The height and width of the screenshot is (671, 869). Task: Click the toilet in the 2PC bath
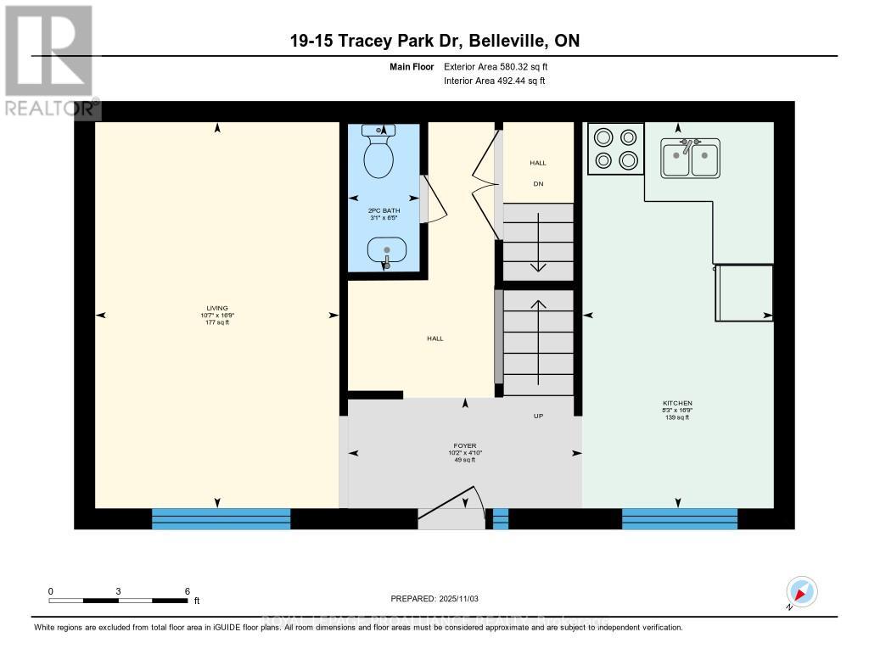[x=378, y=154]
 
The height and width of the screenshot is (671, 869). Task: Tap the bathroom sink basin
[x=387, y=250]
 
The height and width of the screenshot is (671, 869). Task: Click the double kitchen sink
[x=691, y=158]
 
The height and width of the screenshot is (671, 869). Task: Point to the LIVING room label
[x=217, y=308]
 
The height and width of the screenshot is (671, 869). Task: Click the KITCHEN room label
[x=678, y=403]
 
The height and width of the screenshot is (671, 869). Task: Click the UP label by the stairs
[x=538, y=417]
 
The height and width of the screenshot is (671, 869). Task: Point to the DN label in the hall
[x=538, y=184]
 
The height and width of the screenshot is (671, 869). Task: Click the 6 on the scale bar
[x=187, y=591]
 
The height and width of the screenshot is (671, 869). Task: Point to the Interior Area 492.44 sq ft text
[x=494, y=81]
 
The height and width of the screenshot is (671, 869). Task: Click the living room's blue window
[x=221, y=518]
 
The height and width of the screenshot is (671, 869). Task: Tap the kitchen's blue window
[x=679, y=518]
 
